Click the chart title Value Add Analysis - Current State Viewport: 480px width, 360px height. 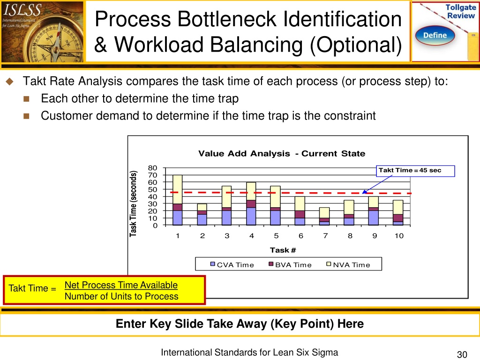tap(281, 154)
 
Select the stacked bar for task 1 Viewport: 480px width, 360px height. tap(178, 200)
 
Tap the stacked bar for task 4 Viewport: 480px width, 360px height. tap(251, 204)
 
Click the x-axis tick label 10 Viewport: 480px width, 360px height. tap(399, 236)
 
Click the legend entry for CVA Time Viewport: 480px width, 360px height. tap(232, 265)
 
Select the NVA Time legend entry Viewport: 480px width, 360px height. tap(348, 265)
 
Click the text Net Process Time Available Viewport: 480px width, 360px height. tap(121, 285)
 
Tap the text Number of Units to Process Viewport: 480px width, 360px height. tap(121, 296)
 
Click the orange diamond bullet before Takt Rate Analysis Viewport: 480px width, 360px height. tap(8, 82)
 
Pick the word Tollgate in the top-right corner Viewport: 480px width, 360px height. tap(461, 7)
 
